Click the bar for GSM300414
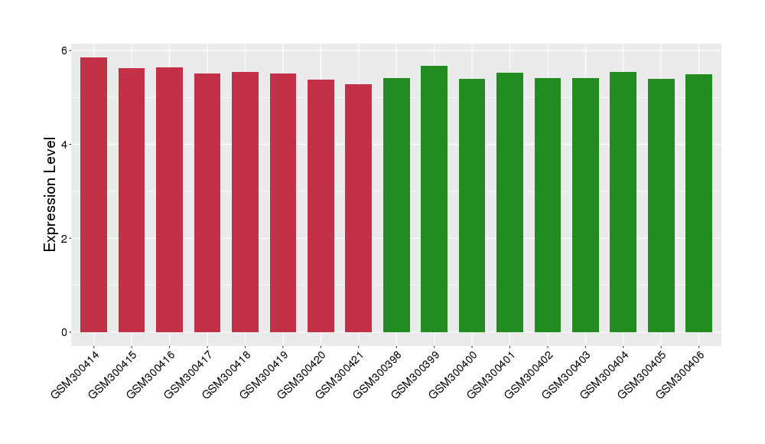click(93, 195)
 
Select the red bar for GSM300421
click(358, 208)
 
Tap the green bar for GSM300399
click(434, 199)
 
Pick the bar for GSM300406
click(698, 203)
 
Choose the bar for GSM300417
click(207, 203)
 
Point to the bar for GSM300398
click(396, 205)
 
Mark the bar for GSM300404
click(623, 202)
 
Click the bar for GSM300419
click(283, 203)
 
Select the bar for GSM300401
click(509, 202)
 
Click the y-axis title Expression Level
click(50, 194)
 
